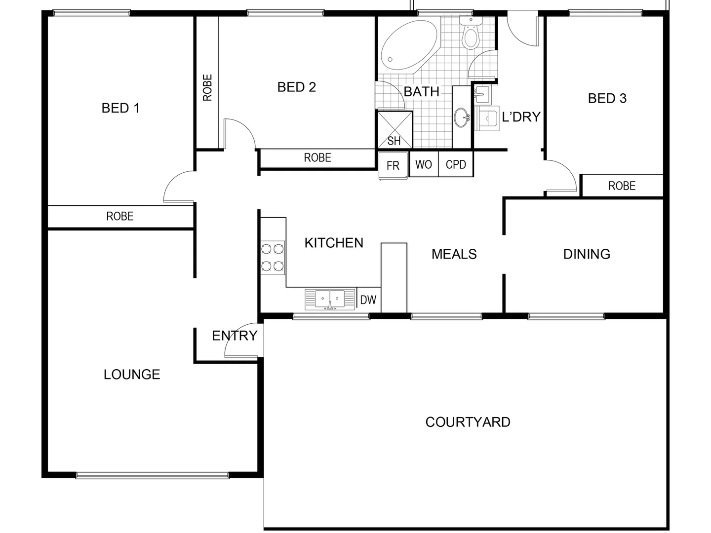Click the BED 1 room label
coord(120,108)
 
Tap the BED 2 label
coord(296,87)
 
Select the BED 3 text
coord(607,98)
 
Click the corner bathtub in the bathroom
coord(409,46)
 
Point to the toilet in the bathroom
coord(471,35)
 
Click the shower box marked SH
coord(395,130)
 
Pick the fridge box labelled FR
coord(393,165)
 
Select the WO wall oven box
coord(424,164)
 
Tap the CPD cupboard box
coord(456,164)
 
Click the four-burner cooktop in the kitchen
coord(273,257)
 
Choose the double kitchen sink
coord(330,299)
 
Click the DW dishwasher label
coord(368,300)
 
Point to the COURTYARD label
coord(468,422)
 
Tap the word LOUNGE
coord(132,375)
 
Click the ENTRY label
coord(235,336)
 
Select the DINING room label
coord(587,254)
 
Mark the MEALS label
coord(454,254)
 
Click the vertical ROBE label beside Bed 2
coord(207,87)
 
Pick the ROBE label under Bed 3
coord(622,186)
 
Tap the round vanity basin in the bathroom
coord(462,117)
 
